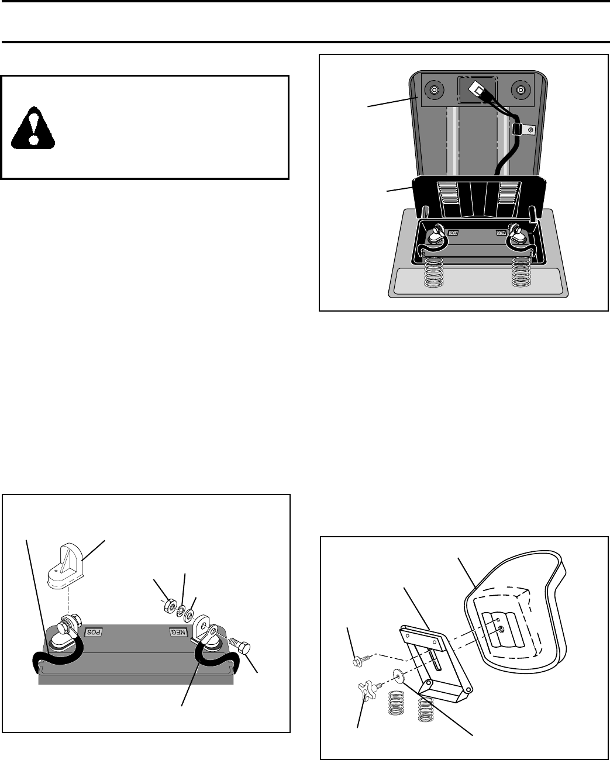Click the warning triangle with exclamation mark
tap(33, 127)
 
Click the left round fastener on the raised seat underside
tap(435, 90)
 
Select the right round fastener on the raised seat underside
tap(520, 90)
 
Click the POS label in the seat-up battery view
tap(454, 232)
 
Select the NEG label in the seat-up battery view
tap(501, 232)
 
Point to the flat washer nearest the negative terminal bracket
tap(189, 615)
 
